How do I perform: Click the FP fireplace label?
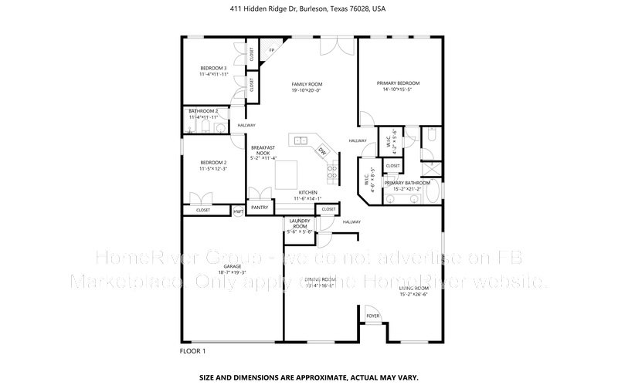point(271,52)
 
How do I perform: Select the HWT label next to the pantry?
point(239,210)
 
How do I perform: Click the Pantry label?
point(260,207)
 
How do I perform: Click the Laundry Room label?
point(299,223)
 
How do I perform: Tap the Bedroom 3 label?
point(214,68)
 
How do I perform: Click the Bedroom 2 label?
point(212,162)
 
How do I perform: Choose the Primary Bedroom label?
point(398,83)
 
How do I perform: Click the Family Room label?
point(307,83)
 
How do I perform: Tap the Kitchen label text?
point(307,192)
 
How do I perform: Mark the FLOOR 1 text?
point(193,351)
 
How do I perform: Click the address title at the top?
point(308,9)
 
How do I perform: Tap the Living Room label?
point(413,288)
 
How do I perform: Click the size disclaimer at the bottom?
point(308,378)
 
